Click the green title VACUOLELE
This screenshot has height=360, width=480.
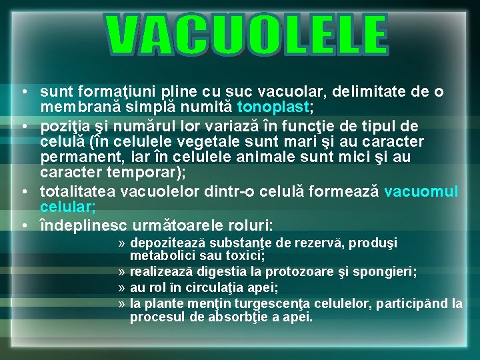(247, 35)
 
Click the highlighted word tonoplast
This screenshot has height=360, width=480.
(273, 107)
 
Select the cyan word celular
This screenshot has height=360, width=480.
(67, 208)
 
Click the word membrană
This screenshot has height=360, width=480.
(73, 107)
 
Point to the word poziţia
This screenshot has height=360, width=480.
(65, 126)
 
